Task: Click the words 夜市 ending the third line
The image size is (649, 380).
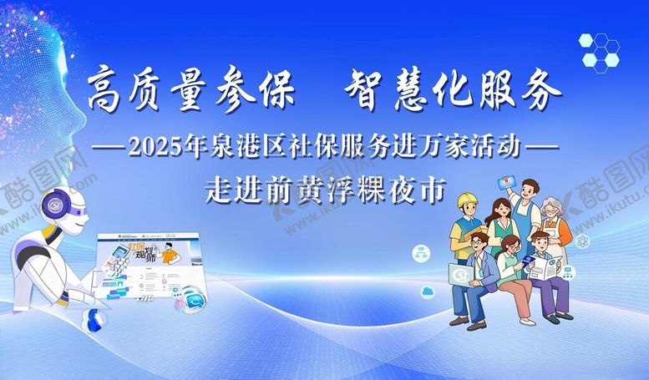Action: click(x=424, y=190)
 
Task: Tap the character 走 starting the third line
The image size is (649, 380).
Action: click(x=219, y=190)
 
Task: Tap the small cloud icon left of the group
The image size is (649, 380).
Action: click(x=428, y=290)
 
